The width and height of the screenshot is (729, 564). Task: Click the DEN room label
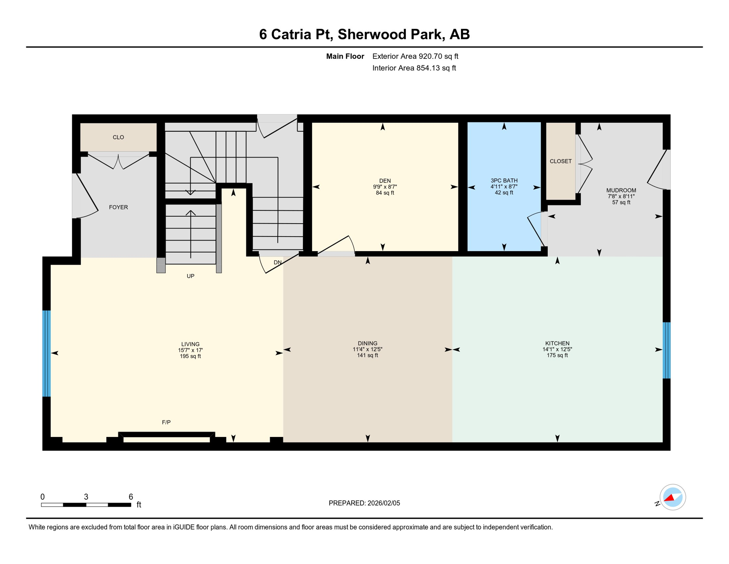pyautogui.click(x=385, y=181)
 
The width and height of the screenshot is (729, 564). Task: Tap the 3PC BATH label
pyautogui.click(x=504, y=180)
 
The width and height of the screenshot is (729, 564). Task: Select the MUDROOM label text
pyautogui.click(x=621, y=190)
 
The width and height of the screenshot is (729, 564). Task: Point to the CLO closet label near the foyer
pyautogui.click(x=118, y=137)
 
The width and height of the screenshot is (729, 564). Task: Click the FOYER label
pyautogui.click(x=118, y=207)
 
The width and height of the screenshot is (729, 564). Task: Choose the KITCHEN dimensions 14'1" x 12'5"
pyautogui.click(x=557, y=350)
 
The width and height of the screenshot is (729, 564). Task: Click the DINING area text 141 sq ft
pyautogui.click(x=367, y=355)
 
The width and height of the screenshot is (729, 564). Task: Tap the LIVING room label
pyautogui.click(x=190, y=344)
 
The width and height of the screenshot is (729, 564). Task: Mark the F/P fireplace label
pyautogui.click(x=166, y=422)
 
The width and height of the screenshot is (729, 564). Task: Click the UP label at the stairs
pyautogui.click(x=190, y=276)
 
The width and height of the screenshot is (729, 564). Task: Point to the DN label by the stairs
pyautogui.click(x=278, y=262)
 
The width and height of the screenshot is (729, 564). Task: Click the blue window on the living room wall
pyautogui.click(x=47, y=353)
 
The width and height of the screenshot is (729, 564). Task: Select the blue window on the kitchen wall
pyautogui.click(x=666, y=350)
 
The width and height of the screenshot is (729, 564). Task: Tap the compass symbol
pyautogui.click(x=673, y=497)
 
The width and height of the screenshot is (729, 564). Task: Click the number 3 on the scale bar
pyautogui.click(x=86, y=497)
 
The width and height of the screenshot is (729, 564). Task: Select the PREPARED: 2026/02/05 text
pyautogui.click(x=364, y=503)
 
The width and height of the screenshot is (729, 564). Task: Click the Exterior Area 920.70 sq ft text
pyautogui.click(x=415, y=56)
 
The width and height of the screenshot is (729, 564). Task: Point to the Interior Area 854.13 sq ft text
pyautogui.click(x=414, y=68)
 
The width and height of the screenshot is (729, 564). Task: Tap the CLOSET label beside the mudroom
pyautogui.click(x=560, y=161)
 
